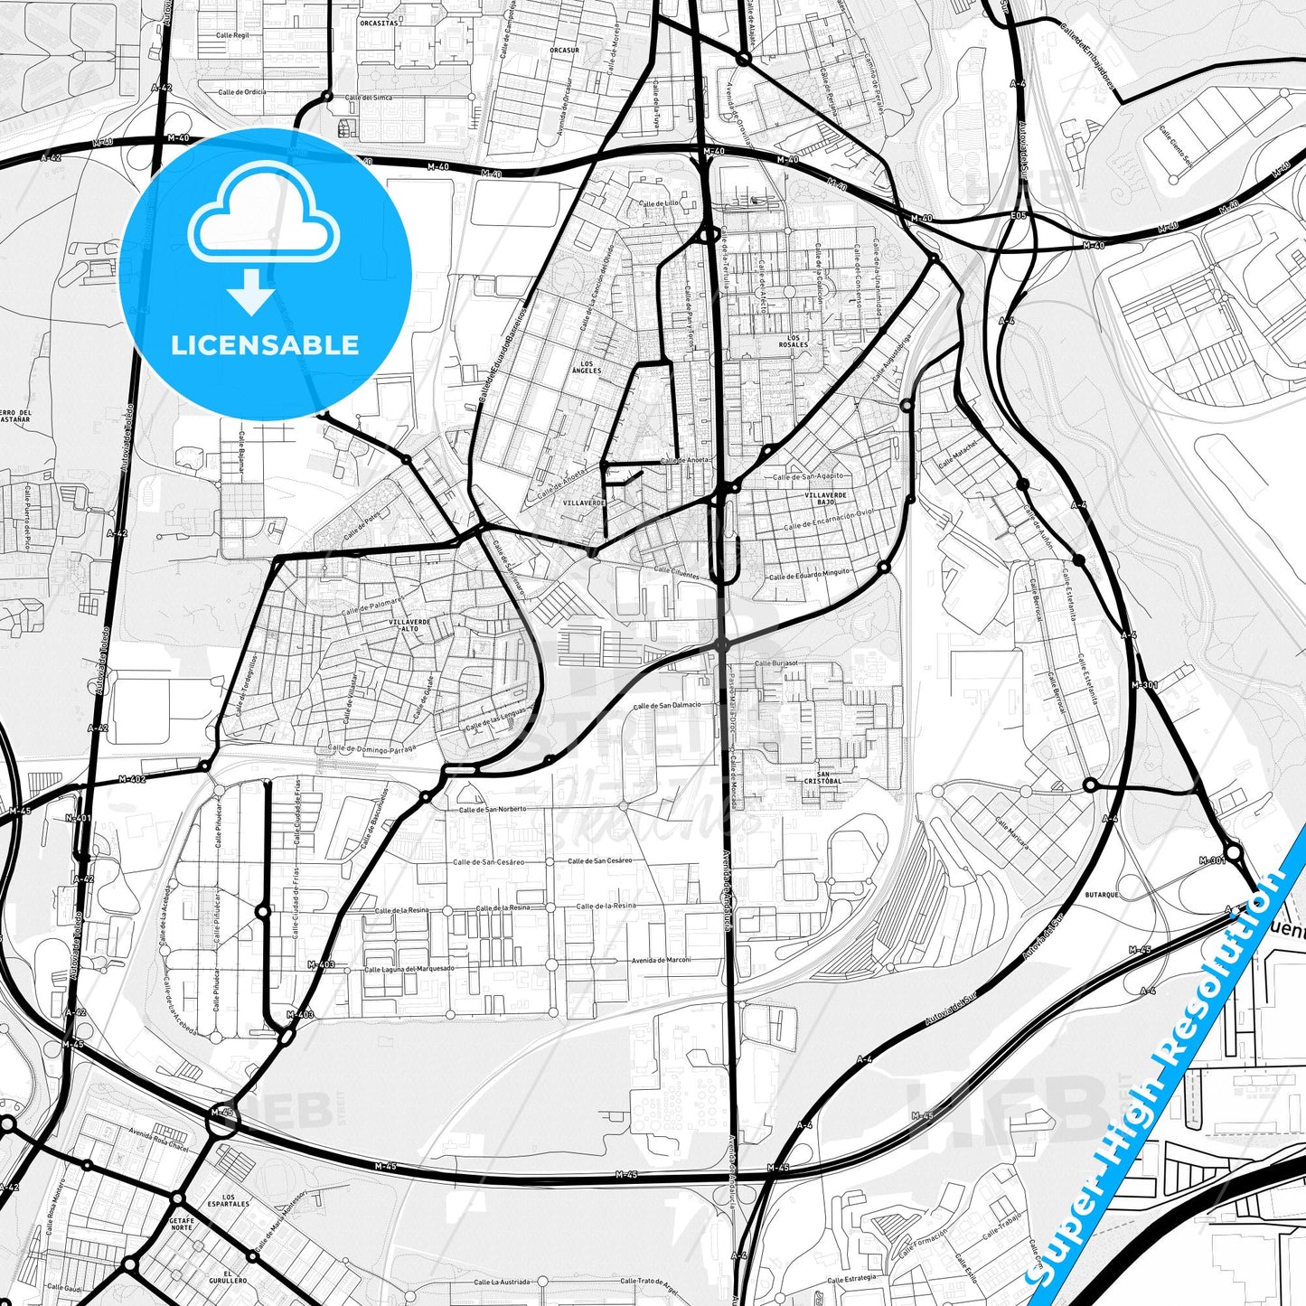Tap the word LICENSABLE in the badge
pyautogui.click(x=265, y=345)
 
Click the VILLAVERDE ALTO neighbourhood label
pyautogui.click(x=409, y=625)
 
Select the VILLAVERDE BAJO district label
pyautogui.click(x=826, y=498)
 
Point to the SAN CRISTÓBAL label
pyautogui.click(x=822, y=778)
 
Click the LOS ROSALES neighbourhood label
pyautogui.click(x=794, y=342)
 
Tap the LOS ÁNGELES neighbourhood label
pyautogui.click(x=587, y=367)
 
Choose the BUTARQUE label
pyautogui.click(x=1102, y=895)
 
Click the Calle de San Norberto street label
pyautogui.click(x=493, y=809)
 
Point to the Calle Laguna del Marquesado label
pyautogui.click(x=409, y=969)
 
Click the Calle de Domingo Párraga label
pyautogui.click(x=372, y=748)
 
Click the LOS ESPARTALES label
pyautogui.click(x=228, y=1200)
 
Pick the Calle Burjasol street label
pyautogui.click(x=776, y=662)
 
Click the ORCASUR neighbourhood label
pyautogui.click(x=564, y=51)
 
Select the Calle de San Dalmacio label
pyautogui.click(x=667, y=706)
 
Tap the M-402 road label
pyautogui.click(x=132, y=779)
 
